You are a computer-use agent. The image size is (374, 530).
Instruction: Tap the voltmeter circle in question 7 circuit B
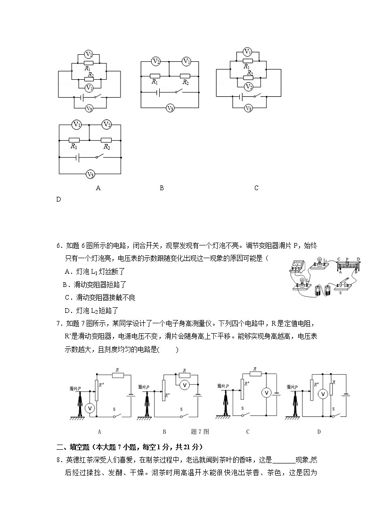[x=185, y=385]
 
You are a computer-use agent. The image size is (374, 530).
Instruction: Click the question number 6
[x=59, y=245]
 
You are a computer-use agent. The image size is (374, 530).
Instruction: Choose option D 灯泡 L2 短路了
[x=91, y=310]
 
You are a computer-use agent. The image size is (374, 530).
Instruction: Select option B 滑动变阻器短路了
[x=95, y=285]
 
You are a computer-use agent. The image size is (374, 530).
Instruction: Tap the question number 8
[x=59, y=460]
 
